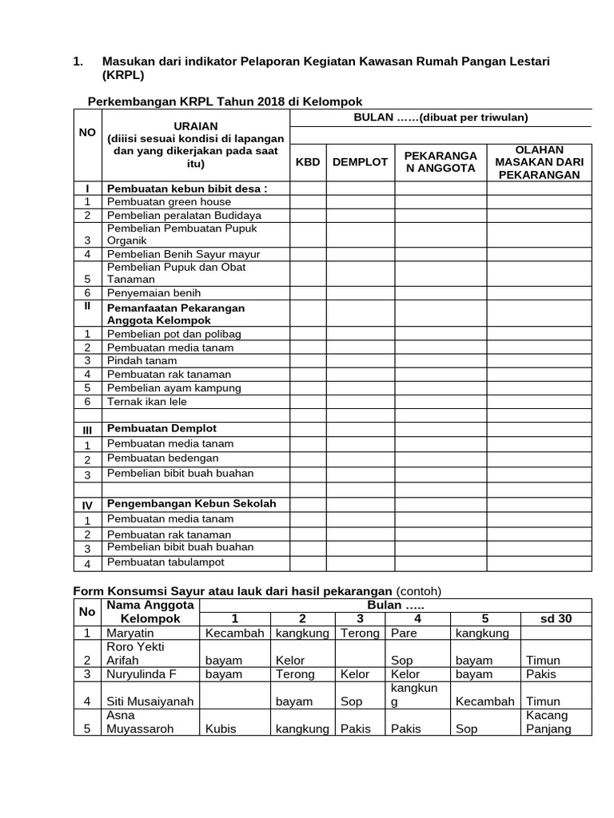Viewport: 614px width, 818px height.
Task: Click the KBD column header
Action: tap(308, 161)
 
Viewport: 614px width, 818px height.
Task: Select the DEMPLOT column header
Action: tap(360, 161)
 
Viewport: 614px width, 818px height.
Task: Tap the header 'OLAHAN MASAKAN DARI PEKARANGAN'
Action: tap(539, 162)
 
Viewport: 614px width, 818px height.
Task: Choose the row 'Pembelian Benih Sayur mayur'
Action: tap(183, 254)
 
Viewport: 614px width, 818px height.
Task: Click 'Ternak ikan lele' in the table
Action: tap(146, 401)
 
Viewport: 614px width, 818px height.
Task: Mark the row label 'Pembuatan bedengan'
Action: tap(162, 459)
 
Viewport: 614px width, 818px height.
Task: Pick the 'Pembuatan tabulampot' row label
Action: tap(165, 562)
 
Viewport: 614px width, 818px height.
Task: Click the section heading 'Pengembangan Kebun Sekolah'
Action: tap(191, 503)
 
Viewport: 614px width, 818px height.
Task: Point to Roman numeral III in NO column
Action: tap(87, 430)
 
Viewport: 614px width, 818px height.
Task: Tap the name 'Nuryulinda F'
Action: tap(141, 674)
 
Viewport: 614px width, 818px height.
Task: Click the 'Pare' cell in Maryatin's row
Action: tap(405, 633)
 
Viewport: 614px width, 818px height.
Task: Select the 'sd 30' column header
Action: tap(555, 619)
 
